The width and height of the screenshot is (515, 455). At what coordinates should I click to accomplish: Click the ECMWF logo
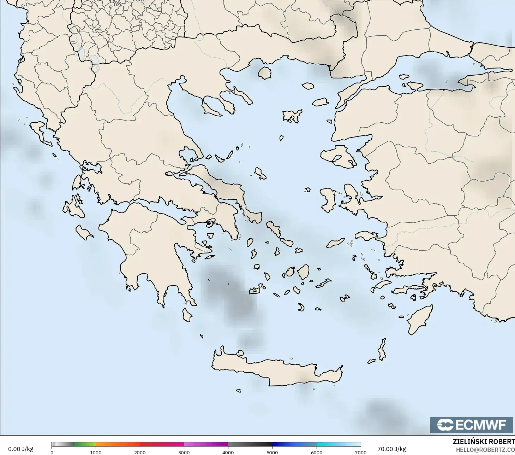pos(471,425)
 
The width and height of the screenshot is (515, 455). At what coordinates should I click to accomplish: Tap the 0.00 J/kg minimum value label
pos(20,449)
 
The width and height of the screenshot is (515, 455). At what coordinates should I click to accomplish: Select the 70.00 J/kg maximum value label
pos(391,449)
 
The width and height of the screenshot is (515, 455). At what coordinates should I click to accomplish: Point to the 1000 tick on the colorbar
pos(96,452)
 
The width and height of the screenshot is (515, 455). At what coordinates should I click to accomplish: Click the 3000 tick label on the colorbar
pos(184,452)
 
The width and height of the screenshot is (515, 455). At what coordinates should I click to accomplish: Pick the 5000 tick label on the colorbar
pos(272,452)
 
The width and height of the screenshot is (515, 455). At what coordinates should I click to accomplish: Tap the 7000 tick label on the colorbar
pos(360,452)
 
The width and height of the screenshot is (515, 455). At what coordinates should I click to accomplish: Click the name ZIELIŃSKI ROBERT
pos(484,442)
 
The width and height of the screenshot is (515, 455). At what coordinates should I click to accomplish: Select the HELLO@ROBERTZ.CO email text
pos(485,450)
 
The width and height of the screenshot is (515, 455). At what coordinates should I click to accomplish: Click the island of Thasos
pos(264,73)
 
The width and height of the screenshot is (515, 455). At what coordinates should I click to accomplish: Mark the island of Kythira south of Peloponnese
pos(187,315)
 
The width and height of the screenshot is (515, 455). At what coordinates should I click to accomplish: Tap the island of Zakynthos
pos(84,232)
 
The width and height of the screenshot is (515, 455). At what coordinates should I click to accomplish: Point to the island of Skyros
pos(261,173)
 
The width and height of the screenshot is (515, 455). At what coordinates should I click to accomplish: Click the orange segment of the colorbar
pos(118,444)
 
